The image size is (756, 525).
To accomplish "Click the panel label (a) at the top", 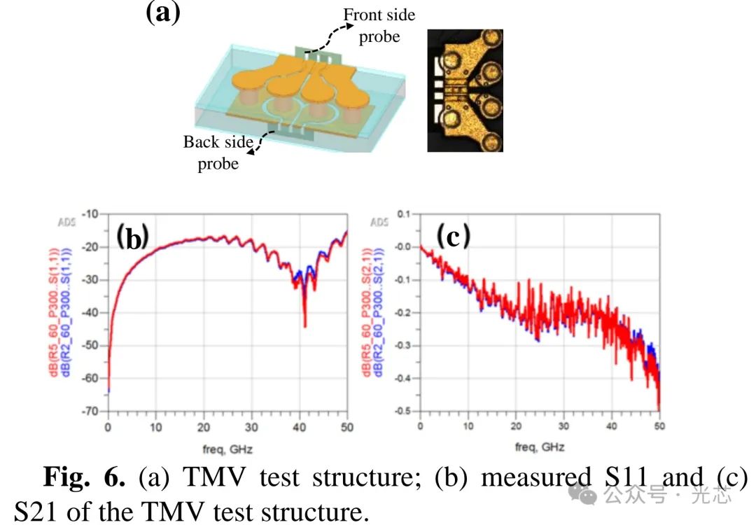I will [x=162, y=14].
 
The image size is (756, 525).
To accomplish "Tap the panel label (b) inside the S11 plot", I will [x=132, y=237].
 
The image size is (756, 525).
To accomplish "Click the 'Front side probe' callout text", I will [x=379, y=26].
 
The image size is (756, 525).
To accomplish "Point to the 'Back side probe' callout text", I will [x=218, y=153].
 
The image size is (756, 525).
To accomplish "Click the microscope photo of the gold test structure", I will [x=465, y=90].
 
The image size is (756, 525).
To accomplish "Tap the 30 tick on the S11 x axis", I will [x=251, y=426].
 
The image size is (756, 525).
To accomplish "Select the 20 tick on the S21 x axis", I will [x=516, y=426].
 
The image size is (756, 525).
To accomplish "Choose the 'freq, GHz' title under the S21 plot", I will [x=540, y=447].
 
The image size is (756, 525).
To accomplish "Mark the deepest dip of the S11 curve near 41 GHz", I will [x=304, y=325].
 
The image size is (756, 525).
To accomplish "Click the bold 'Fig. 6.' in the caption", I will [x=85, y=478].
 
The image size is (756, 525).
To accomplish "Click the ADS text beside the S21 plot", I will [x=379, y=223].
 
